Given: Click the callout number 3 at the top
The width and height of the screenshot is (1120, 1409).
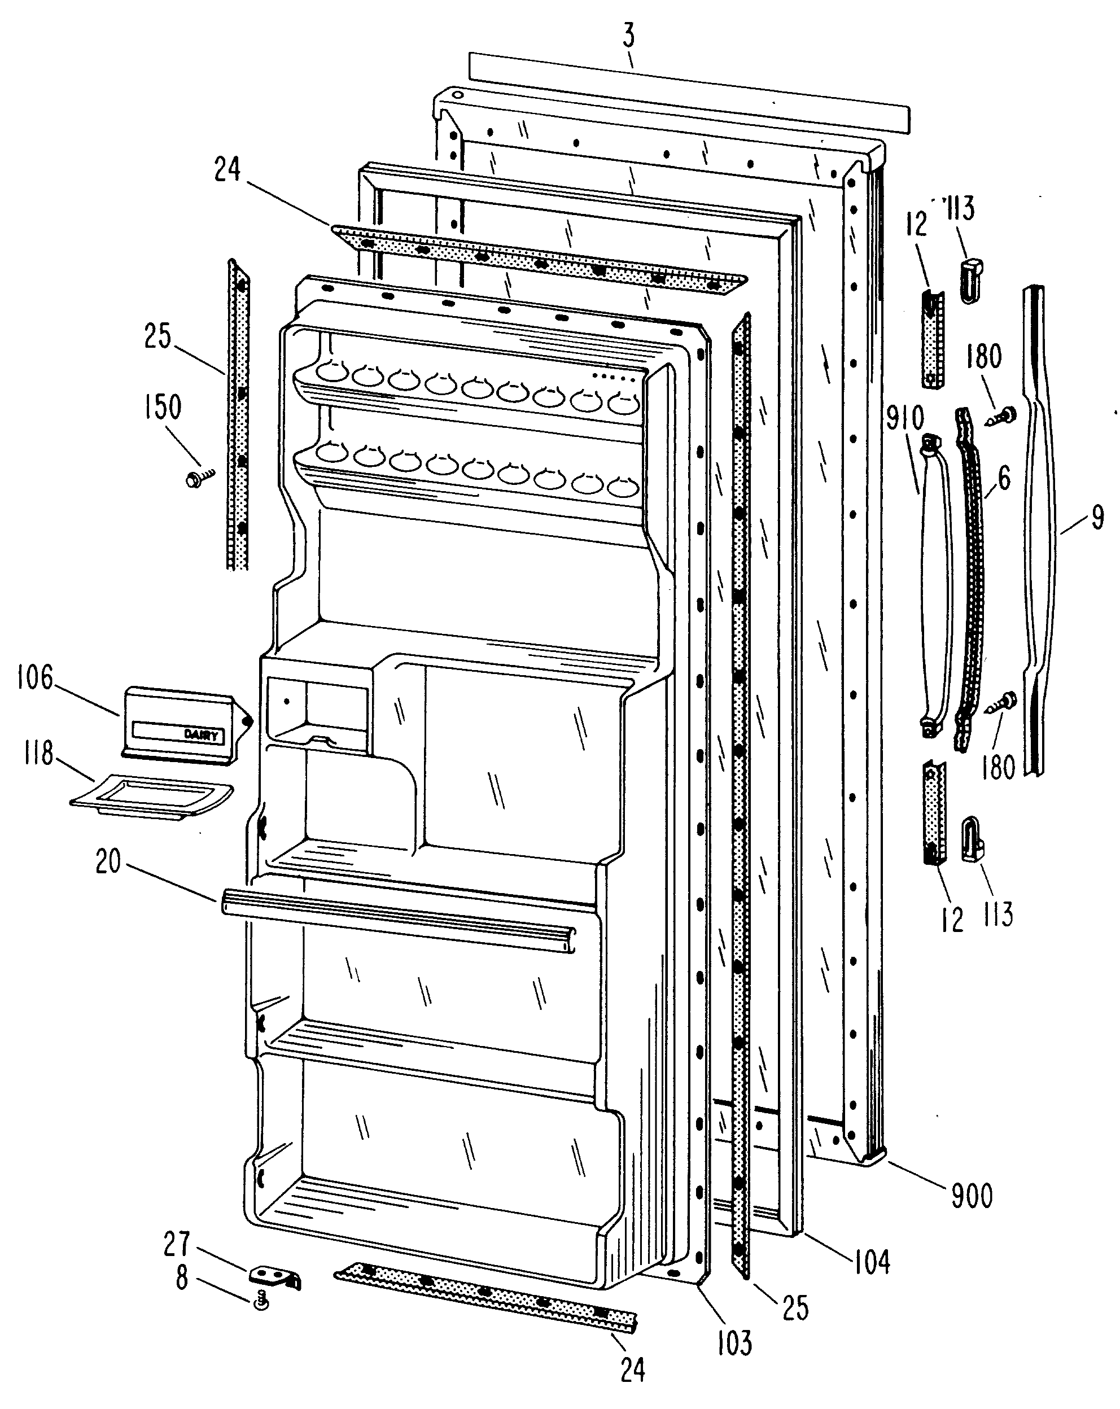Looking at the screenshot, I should coord(629,37).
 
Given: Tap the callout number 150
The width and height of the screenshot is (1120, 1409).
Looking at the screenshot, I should coord(162,407).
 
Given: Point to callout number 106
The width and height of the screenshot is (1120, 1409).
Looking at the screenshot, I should coord(36,679).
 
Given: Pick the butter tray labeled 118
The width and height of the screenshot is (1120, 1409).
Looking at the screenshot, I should coord(152,797).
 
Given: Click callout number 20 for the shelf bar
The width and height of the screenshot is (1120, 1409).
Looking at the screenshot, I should coord(108,862).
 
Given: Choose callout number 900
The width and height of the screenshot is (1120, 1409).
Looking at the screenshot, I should coord(972,1195).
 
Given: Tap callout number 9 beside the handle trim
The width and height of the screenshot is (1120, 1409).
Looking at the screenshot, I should coord(1098,517).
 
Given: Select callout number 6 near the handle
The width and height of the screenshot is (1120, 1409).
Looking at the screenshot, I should coord(1004,478).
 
